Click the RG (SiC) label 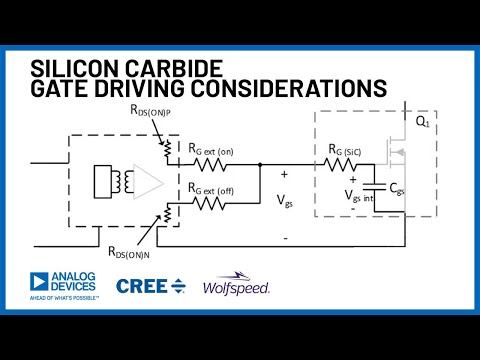click(x=346, y=150)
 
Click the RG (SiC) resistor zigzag click(x=346, y=163)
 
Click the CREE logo click(x=150, y=286)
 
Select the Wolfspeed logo click(x=237, y=286)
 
